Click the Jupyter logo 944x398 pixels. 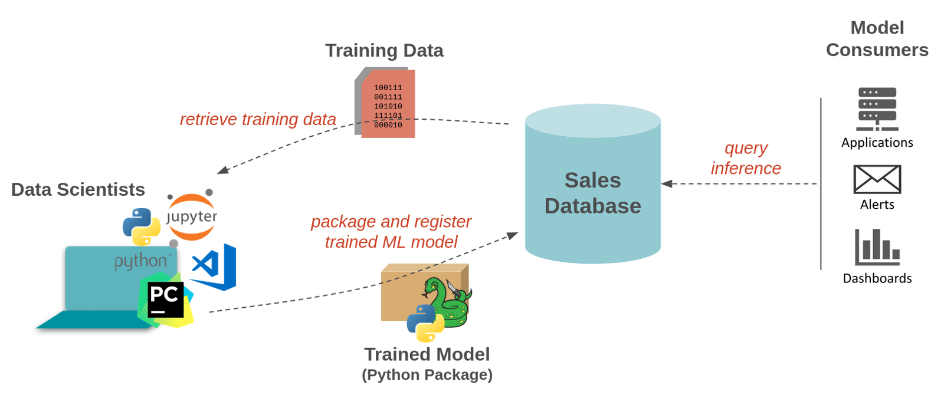[x=191, y=216]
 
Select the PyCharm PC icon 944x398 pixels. [x=165, y=300]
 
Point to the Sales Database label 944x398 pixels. [x=592, y=193]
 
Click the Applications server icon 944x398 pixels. [x=877, y=109]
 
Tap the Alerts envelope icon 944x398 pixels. [x=877, y=179]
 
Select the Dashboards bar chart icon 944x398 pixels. [x=877, y=247]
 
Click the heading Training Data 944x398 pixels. [x=384, y=51]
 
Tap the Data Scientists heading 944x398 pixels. [x=78, y=189]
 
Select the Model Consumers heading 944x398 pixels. [x=877, y=39]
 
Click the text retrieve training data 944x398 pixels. [x=258, y=119]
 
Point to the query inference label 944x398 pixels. [x=746, y=158]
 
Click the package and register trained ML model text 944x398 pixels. [x=391, y=231]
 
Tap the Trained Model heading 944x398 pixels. [x=427, y=354]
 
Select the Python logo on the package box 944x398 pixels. [x=425, y=323]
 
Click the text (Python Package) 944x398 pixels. [x=427, y=375]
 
